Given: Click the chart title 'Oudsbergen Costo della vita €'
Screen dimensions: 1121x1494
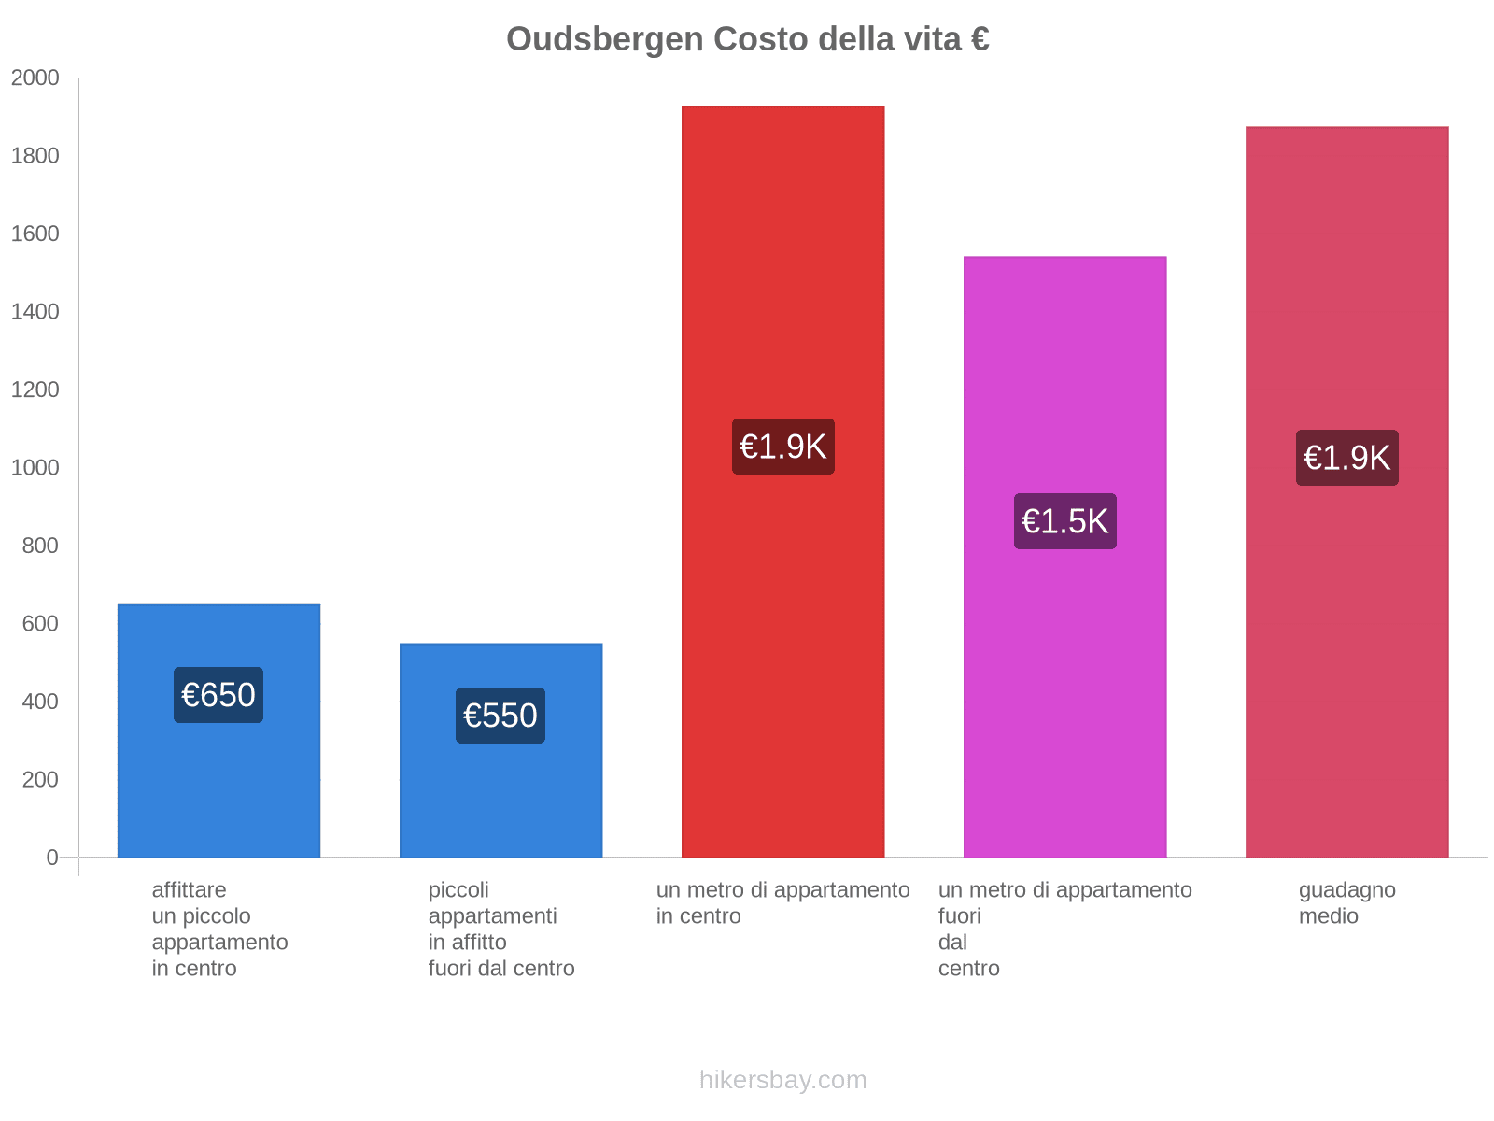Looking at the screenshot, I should pos(747,39).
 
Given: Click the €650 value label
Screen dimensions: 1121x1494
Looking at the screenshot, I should pos(218,695).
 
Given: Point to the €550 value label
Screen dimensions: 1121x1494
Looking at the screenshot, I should pos(500,716).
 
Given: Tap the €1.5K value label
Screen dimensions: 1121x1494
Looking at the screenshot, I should pos(1064,521).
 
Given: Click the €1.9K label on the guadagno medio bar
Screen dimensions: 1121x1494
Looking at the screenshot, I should pos(1346,458).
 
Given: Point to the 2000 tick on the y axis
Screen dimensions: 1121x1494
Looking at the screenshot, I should pos(35,78).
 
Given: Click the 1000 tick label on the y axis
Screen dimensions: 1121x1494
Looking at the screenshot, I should pos(35,468).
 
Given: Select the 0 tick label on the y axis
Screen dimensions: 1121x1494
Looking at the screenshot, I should pos(52,858).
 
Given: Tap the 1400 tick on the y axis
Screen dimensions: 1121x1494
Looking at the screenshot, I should pos(35,312).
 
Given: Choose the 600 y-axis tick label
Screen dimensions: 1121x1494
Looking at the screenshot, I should pos(40,624).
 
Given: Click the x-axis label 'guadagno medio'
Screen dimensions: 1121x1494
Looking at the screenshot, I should pos(1346,903).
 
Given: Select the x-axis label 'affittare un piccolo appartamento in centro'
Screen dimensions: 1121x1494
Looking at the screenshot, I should pos(219,929).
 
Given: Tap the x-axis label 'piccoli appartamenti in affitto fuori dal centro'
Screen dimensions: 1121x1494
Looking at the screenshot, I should pos(501,929).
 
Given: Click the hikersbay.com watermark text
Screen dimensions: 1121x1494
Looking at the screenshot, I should pos(782,1080).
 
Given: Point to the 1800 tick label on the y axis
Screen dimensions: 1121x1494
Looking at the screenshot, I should pos(35,156).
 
